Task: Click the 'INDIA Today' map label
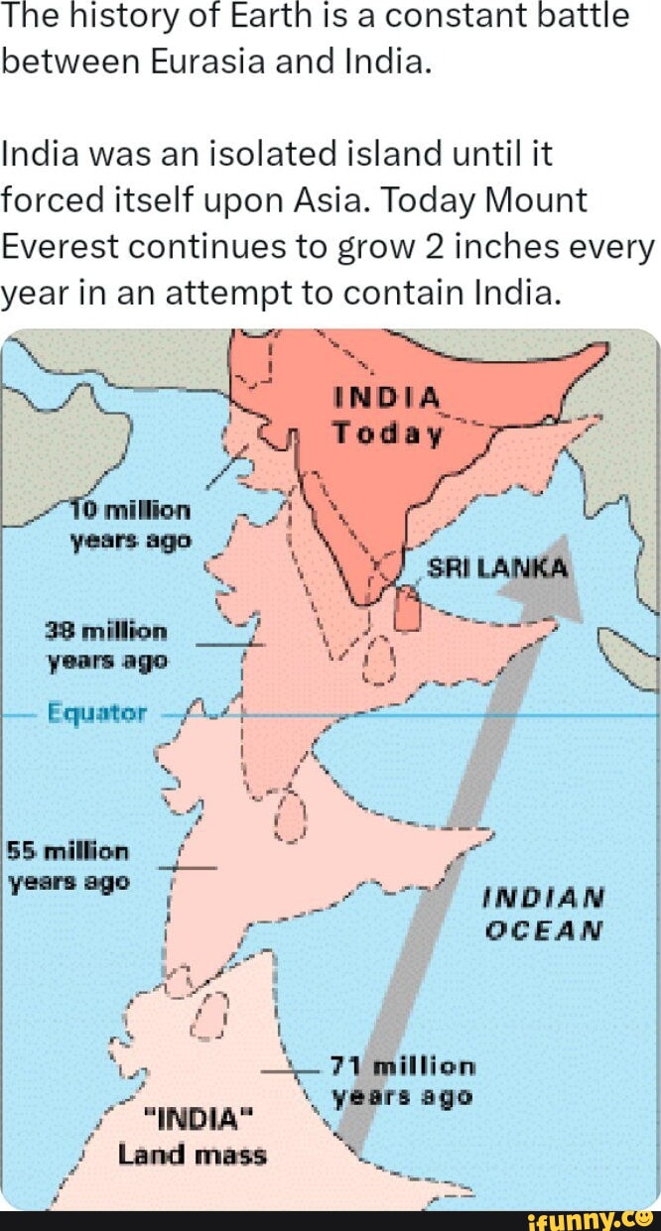(x=386, y=416)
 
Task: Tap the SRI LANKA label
(x=497, y=568)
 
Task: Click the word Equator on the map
(x=96, y=713)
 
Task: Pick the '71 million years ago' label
(x=403, y=1081)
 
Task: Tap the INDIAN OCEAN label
(x=543, y=913)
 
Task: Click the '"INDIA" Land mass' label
(x=193, y=1138)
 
